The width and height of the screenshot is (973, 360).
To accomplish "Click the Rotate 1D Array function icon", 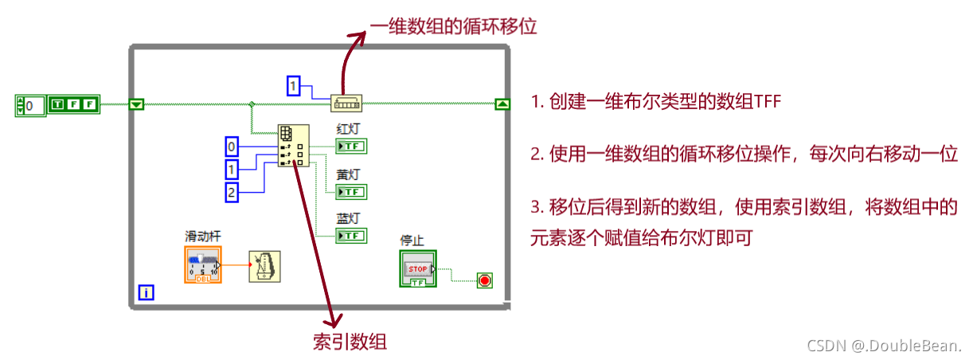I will pos(346,103).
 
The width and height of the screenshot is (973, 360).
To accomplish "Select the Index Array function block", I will pos(292,146).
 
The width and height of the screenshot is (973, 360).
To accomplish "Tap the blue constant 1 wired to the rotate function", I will pos(294,85).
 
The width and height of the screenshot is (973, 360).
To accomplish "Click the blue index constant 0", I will pos(232,147).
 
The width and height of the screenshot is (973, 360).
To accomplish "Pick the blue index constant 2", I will pos(232,191).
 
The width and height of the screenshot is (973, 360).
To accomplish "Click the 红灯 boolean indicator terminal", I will pos(351,147).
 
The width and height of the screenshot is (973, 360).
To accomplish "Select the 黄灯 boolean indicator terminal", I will pos(351,191).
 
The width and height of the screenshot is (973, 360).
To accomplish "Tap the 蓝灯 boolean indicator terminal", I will pos(351,235).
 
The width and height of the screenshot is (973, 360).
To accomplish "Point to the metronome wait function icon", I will pos(264,266).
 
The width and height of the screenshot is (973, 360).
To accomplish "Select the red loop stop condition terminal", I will pos(484,280).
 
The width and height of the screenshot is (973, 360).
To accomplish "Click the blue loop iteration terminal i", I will pos(146,293).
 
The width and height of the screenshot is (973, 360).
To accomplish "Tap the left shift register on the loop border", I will pos(137,104).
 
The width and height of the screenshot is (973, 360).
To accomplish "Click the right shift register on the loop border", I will pos(502,104).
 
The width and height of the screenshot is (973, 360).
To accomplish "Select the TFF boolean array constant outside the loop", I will pos(57,104).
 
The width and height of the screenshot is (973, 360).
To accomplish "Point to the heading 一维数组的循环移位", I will pos(453,26).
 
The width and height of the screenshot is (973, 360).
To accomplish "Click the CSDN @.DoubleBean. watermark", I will pos(884,346).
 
